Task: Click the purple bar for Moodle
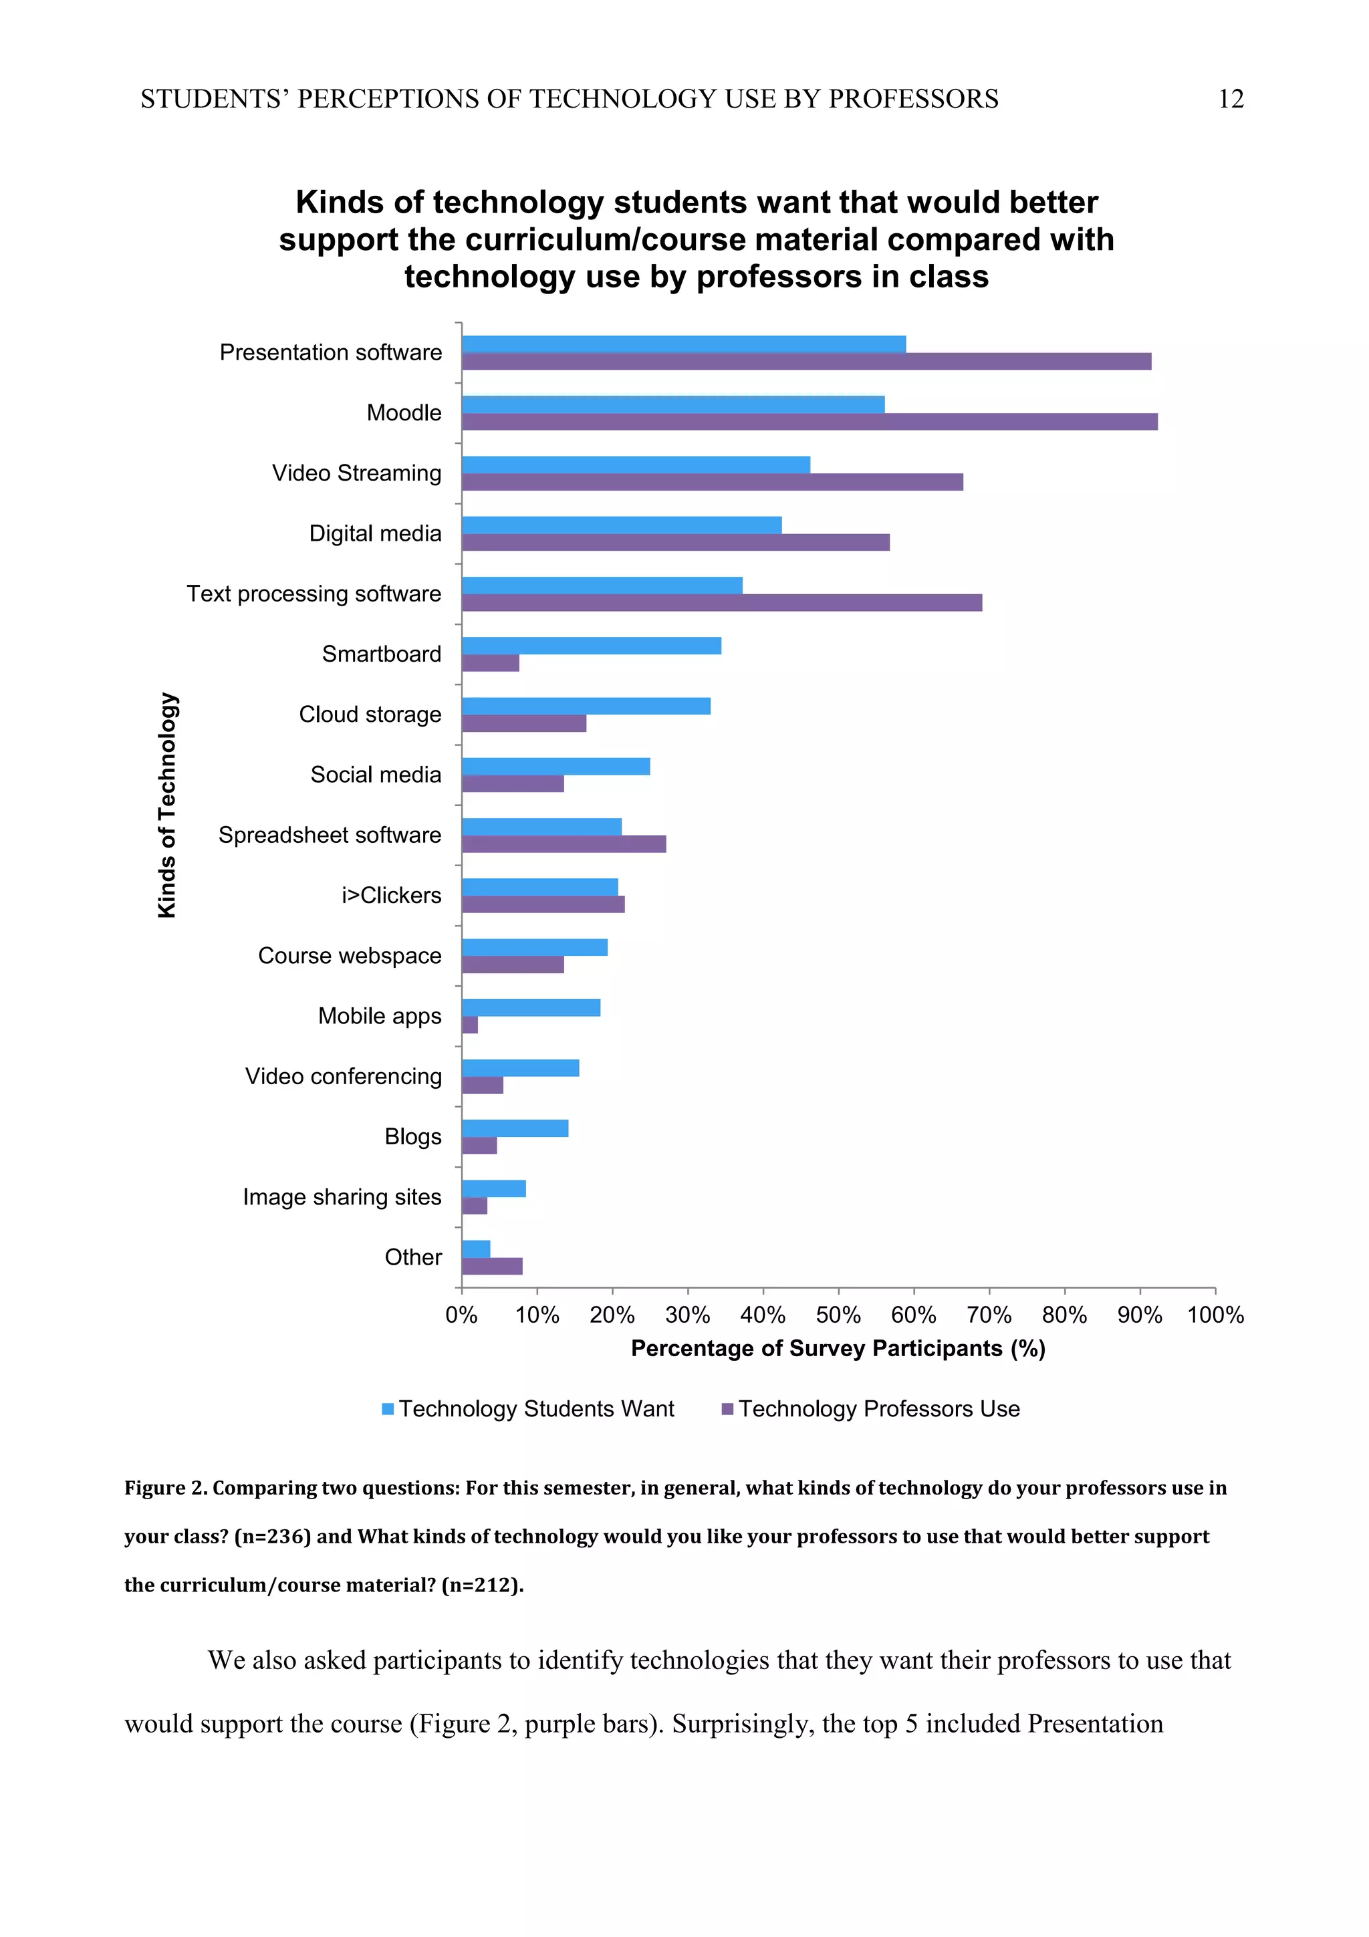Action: pos(809,422)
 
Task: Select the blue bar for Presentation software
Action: pos(683,344)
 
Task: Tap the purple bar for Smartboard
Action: pos(490,663)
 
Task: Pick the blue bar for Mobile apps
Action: pos(531,1007)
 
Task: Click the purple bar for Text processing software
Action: pos(721,602)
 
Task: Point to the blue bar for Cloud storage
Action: pos(586,706)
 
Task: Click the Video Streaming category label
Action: pos(356,473)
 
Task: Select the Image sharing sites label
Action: pos(342,1197)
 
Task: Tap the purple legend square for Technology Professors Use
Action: pos(727,1409)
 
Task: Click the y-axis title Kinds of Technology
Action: pos(167,805)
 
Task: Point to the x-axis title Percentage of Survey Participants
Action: pos(838,1348)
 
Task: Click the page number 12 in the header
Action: pos(1230,100)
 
